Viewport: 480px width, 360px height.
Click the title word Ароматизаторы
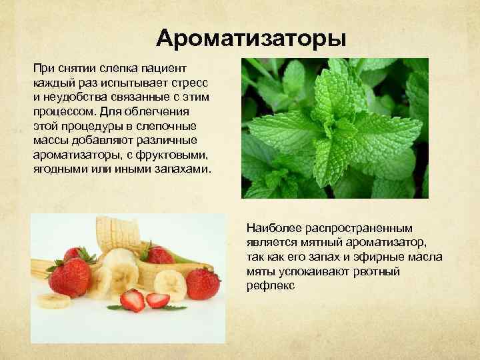[251, 38]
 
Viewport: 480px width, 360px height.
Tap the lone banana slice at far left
[53, 300]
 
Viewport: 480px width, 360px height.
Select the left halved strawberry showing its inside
[132, 299]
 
